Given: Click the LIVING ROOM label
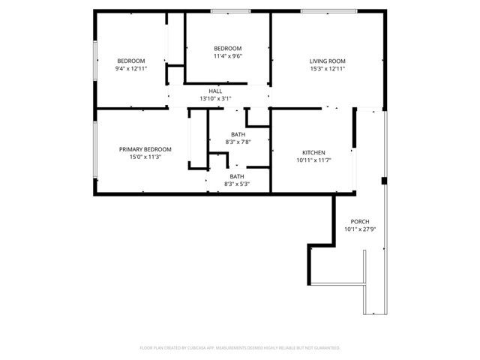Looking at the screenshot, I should (327, 61).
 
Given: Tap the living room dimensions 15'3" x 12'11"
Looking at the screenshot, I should (327, 68).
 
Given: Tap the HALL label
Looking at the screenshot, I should (215, 91).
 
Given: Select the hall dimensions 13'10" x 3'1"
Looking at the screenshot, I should (215, 98).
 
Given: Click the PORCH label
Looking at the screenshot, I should (359, 221).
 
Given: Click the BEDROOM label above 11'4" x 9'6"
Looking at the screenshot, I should (227, 48).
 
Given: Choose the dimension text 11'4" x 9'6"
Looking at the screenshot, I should (227, 55).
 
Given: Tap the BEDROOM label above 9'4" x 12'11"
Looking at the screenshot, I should (130, 61).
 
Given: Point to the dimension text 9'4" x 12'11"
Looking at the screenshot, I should (130, 68).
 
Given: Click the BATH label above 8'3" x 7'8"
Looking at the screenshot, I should (238, 134).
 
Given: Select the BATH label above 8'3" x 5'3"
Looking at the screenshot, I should (237, 176).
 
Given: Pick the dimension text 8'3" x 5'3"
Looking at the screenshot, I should (237, 184).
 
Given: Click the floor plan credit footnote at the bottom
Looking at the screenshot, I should (240, 348).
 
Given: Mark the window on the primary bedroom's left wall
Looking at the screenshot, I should (94, 151).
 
